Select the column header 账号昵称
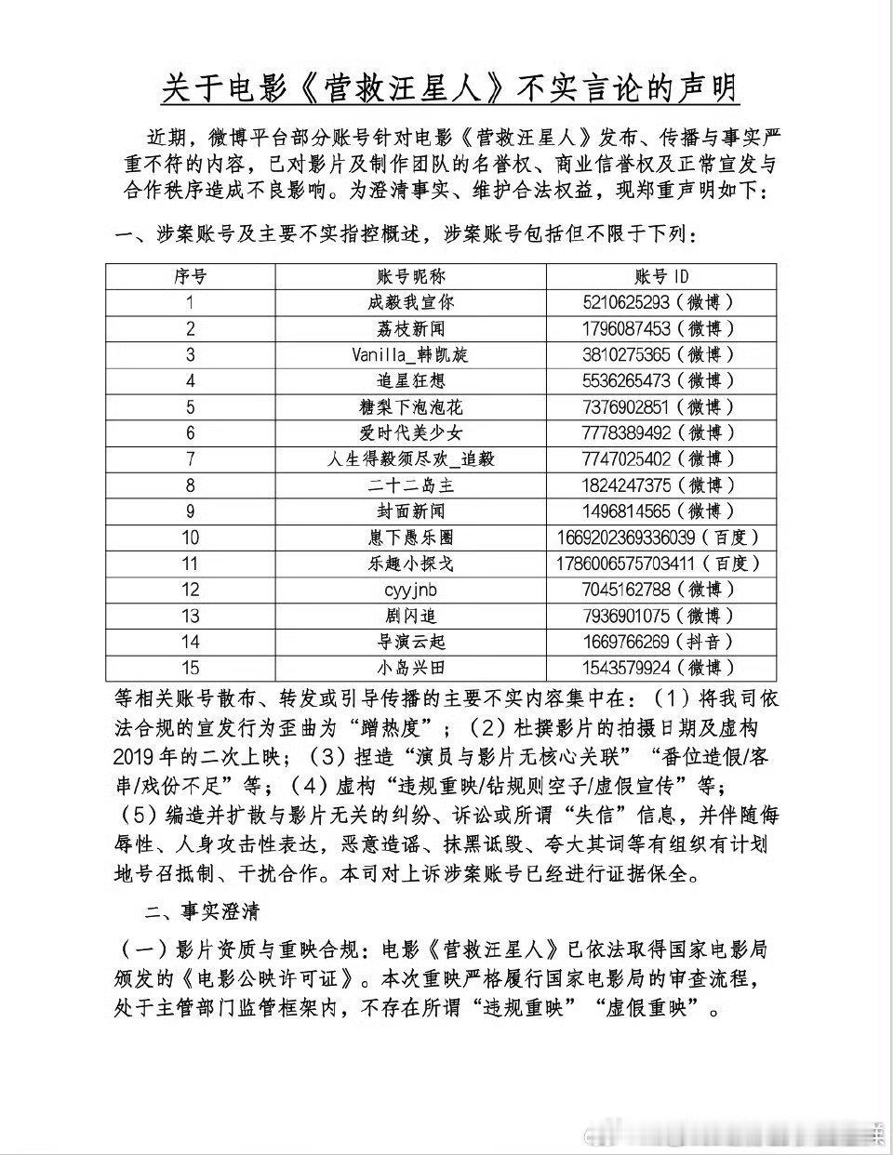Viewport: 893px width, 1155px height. coord(410,276)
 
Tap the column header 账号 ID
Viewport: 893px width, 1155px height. coord(661,276)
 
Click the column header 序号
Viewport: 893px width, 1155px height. coord(190,276)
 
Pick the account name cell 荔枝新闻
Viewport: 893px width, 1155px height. coord(410,328)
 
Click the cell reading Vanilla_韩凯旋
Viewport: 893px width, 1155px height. coord(410,354)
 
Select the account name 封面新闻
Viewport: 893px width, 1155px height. coord(410,511)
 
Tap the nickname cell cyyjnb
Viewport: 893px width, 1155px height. coord(410,589)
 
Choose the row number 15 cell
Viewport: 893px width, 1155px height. coord(190,667)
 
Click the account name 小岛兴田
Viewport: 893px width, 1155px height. coord(410,667)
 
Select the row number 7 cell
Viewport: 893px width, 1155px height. coord(190,458)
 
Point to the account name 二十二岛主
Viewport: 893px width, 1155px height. coord(410,485)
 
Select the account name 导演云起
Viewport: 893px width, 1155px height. coord(410,641)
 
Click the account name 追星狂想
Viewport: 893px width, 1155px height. coord(410,380)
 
